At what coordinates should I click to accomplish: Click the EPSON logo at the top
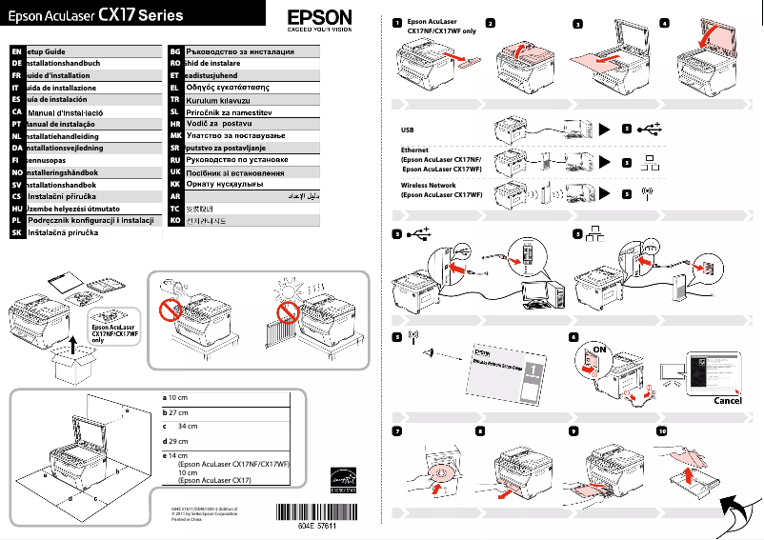[319, 18]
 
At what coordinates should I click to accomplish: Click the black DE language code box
[16, 62]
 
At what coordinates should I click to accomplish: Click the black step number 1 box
[397, 22]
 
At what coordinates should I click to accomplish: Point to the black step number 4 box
[664, 22]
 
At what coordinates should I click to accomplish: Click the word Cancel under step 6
[727, 401]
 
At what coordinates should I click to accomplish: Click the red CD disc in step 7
[441, 473]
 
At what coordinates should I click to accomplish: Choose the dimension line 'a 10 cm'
[175, 397]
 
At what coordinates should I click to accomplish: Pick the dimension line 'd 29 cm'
[175, 442]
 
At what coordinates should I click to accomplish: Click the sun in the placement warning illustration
[286, 290]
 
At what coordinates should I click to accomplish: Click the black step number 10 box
[664, 430]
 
